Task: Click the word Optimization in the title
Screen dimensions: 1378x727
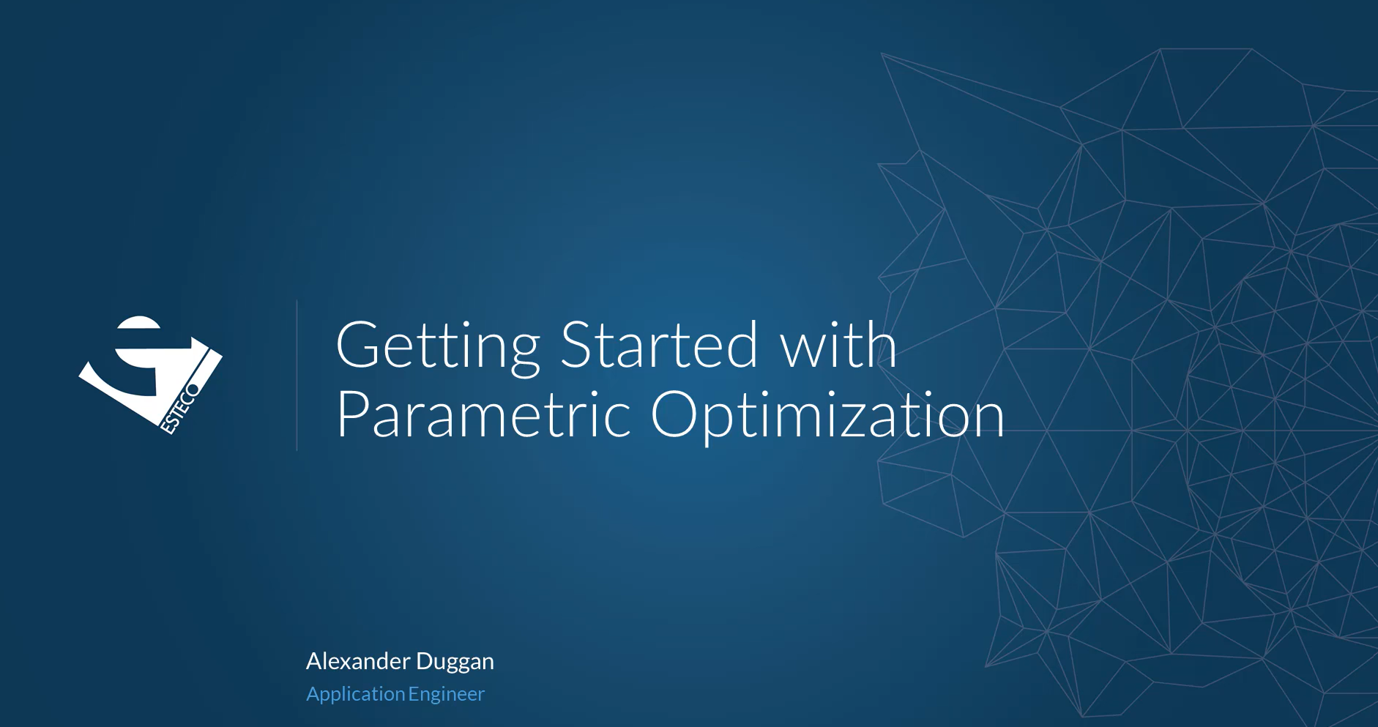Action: [827, 415]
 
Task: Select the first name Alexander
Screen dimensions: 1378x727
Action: [358, 660]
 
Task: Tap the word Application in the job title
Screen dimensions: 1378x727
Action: [356, 694]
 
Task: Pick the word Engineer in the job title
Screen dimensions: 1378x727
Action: [447, 694]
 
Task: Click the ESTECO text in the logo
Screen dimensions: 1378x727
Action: [180, 408]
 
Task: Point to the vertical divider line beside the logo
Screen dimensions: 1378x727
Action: [297, 375]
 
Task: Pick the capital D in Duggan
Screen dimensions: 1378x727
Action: [425, 661]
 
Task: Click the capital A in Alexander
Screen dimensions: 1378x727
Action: [315, 661]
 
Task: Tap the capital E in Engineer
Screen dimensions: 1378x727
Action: [414, 693]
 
